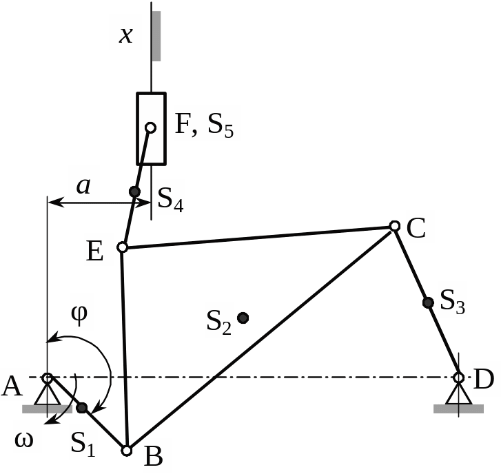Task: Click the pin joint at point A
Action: point(48,378)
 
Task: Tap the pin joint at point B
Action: point(126,451)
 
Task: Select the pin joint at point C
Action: point(394,226)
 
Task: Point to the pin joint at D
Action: point(458,378)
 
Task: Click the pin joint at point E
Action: point(122,247)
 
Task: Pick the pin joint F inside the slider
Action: point(150,127)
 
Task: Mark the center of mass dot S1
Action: point(82,408)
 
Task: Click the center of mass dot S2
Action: point(243,318)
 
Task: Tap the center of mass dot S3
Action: point(428,302)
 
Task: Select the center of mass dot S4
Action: point(135,192)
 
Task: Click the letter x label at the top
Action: point(125,34)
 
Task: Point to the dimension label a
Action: point(83,185)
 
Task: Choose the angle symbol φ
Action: point(79,313)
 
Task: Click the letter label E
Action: point(95,251)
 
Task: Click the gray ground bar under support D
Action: point(458,408)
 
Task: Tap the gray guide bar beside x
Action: point(156,35)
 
